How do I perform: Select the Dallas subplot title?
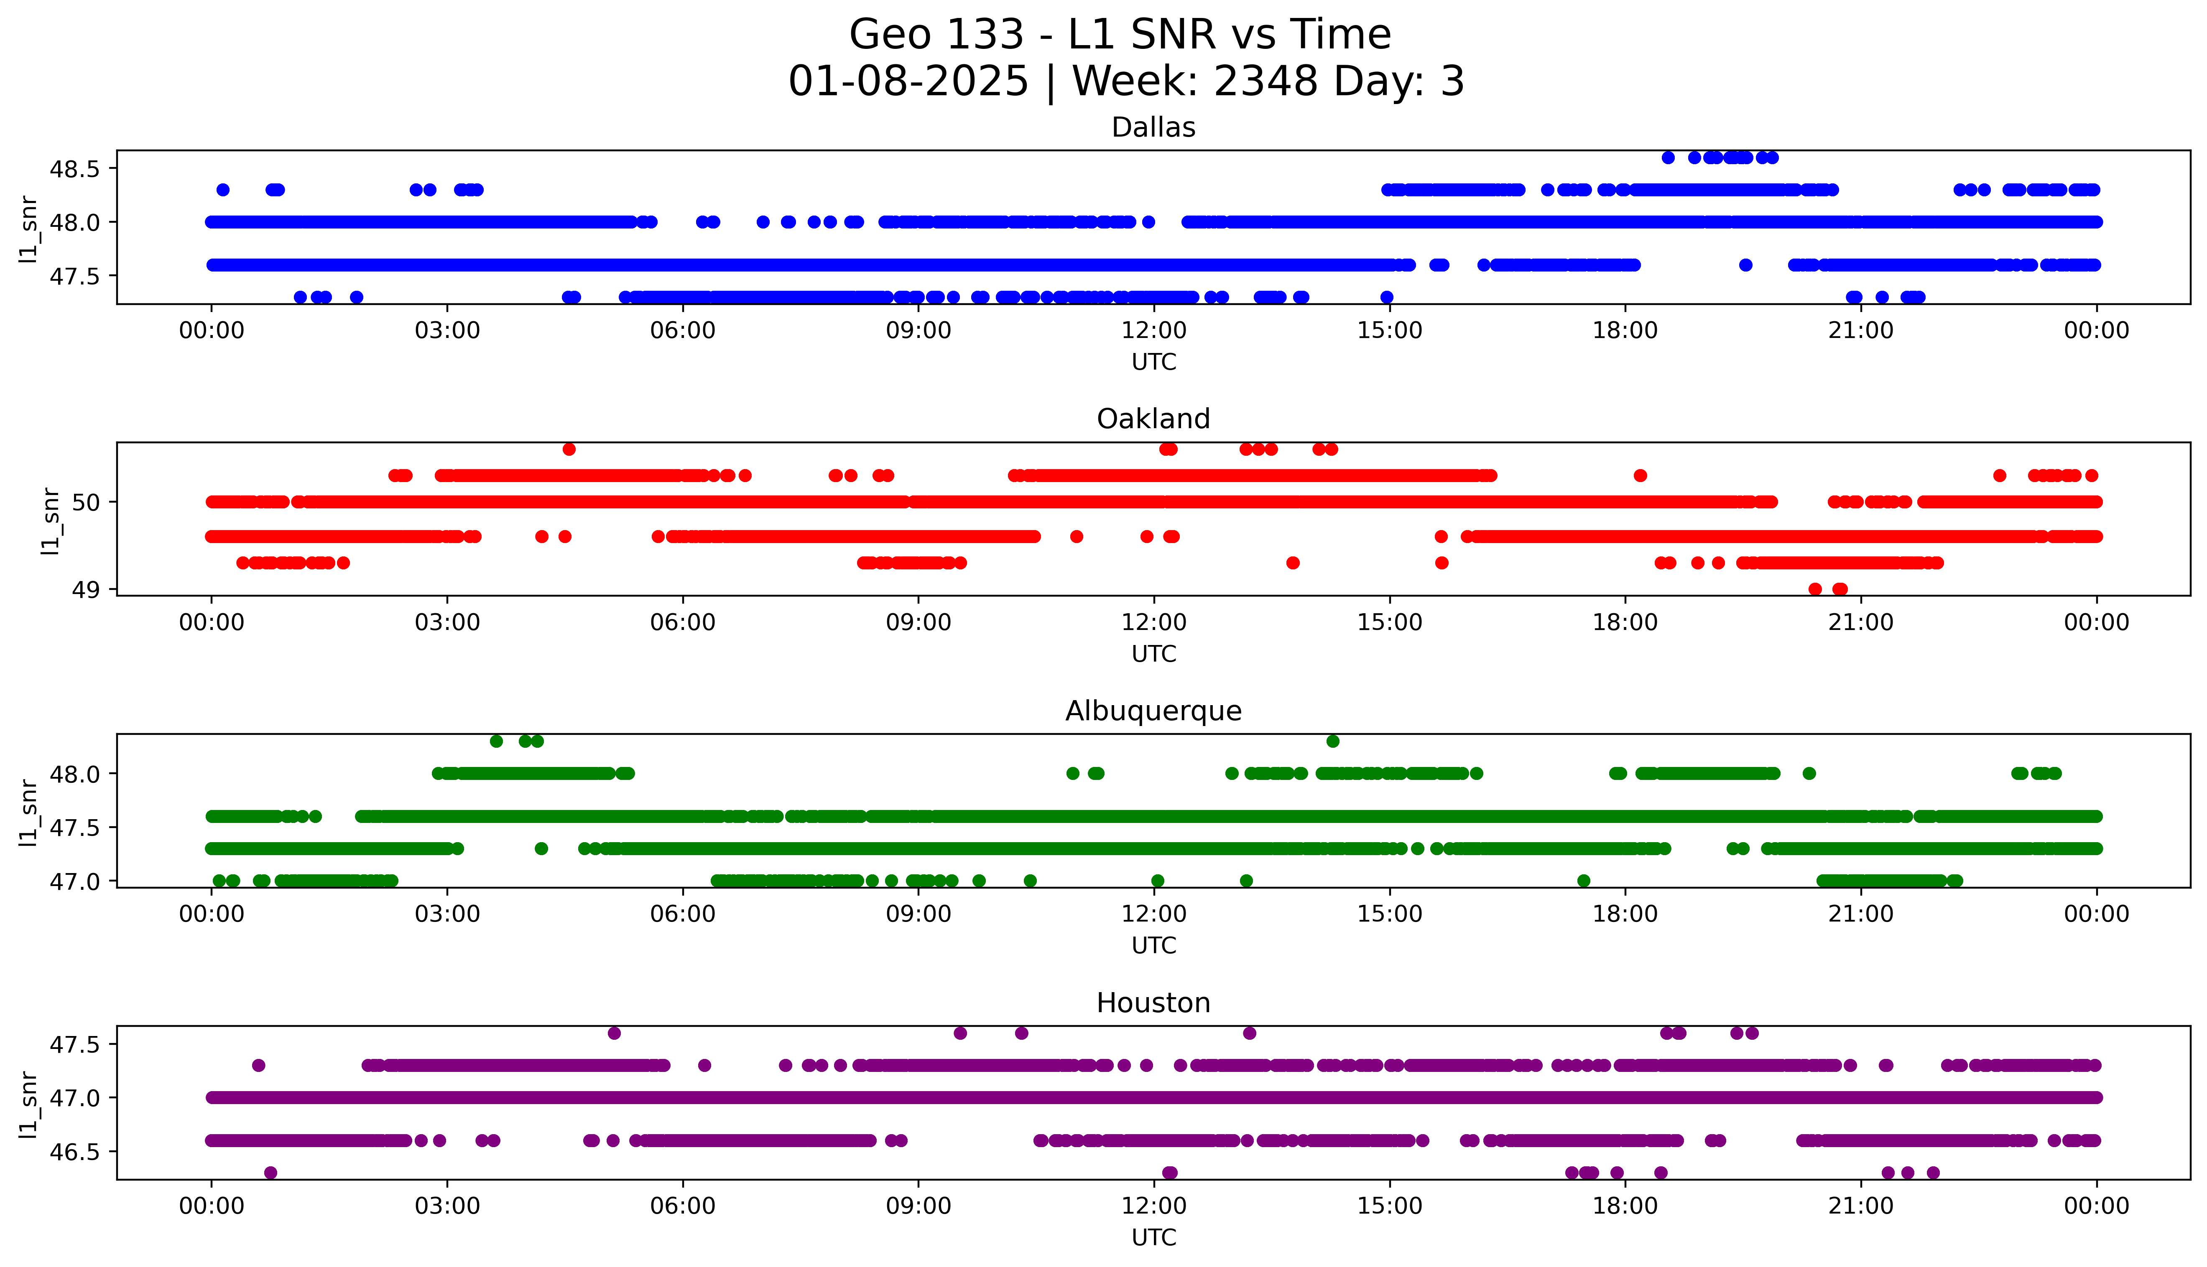point(1153,128)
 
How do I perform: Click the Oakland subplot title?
point(1153,419)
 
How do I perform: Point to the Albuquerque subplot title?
point(1153,711)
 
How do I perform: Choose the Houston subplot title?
point(1153,1003)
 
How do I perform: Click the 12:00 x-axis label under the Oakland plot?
point(1153,622)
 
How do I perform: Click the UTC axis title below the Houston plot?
point(1153,1237)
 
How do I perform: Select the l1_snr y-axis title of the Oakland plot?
point(51,521)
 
